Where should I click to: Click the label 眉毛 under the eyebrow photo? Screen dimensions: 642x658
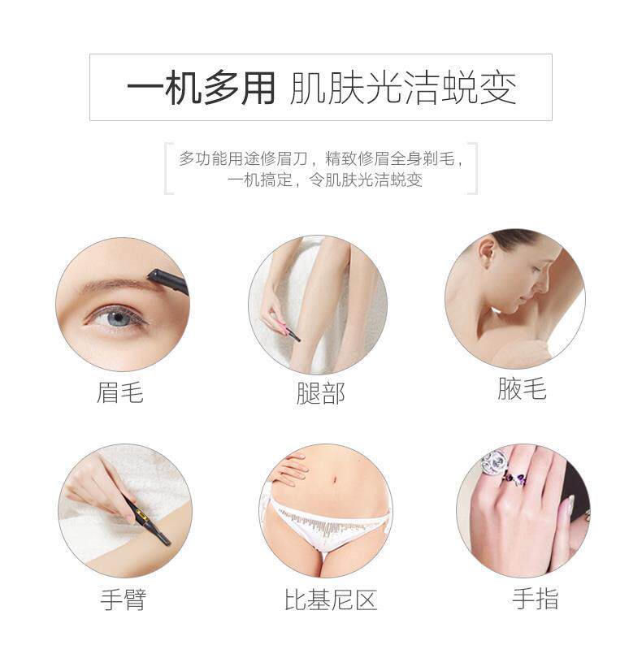(x=120, y=393)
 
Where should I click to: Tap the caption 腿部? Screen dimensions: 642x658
(x=320, y=393)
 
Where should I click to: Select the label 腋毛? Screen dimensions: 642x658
(x=522, y=388)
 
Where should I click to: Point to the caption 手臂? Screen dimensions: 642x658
(x=124, y=600)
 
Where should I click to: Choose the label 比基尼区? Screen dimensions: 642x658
(x=331, y=600)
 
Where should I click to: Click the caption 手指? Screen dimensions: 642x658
(x=536, y=598)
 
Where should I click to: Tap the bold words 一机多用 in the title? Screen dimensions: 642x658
(x=201, y=88)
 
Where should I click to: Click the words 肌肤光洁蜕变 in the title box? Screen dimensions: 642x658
(x=403, y=88)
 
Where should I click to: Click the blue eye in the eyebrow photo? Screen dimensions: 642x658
(x=119, y=318)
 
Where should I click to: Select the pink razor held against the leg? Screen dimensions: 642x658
(x=286, y=328)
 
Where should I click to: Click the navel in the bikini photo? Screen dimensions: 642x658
(x=334, y=479)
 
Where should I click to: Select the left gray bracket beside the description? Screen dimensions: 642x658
(x=168, y=168)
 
